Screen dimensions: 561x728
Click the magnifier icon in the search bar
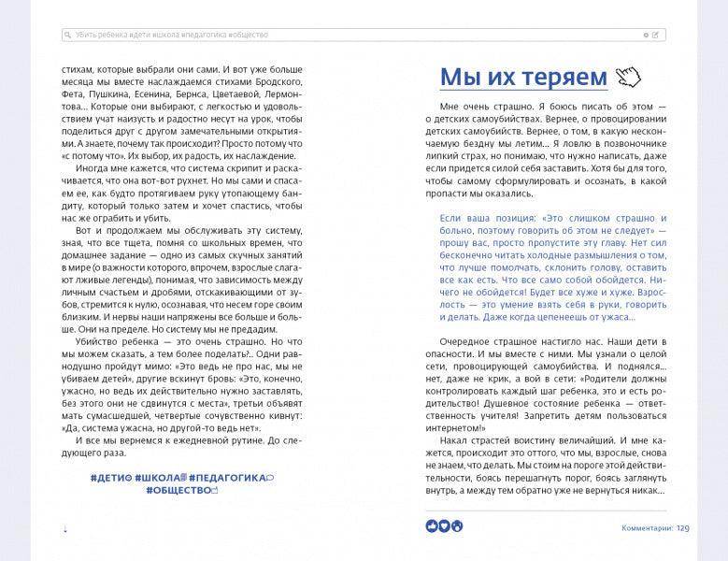click(x=67, y=35)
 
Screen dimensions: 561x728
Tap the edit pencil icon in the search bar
click(x=656, y=35)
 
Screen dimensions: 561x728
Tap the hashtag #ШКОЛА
click(x=160, y=478)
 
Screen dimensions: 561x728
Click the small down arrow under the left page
click(x=64, y=528)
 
